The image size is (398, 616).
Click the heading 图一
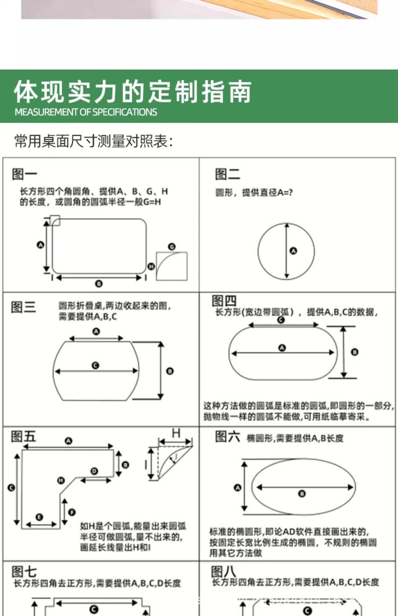(24, 174)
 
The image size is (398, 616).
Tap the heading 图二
(227, 174)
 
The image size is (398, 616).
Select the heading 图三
(23, 307)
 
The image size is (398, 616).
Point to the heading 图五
(23, 437)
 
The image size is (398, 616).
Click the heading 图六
(227, 437)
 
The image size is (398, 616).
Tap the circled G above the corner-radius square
(172, 247)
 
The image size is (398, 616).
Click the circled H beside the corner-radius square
(151, 266)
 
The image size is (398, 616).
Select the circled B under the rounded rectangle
(99, 284)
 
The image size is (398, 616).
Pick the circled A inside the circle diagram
(293, 251)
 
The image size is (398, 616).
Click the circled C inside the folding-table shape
(95, 365)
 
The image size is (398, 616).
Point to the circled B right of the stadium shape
(354, 352)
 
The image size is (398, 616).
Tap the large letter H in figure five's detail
(176, 433)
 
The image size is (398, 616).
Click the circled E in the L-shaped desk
(39, 517)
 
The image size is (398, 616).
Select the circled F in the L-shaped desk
(72, 512)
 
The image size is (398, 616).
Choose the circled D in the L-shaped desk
(94, 471)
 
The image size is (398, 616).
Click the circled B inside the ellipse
(302, 493)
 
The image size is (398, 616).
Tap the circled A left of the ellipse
(238, 488)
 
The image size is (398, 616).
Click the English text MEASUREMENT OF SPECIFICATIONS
(86, 112)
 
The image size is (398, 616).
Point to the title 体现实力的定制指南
(132, 92)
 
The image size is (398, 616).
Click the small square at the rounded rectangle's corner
(55, 220)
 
